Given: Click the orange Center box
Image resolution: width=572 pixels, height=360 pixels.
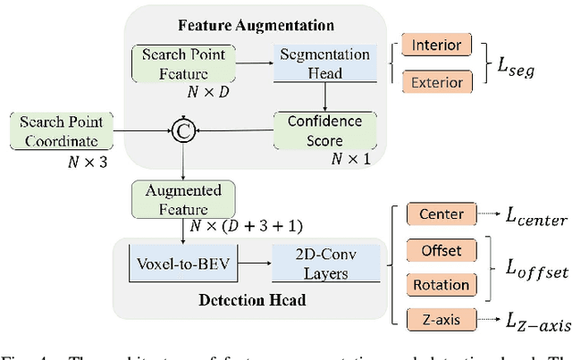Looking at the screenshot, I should click(x=440, y=214).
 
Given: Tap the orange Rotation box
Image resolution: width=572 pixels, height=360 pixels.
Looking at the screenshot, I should click(x=440, y=285).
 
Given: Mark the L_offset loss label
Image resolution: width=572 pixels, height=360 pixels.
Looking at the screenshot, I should click(x=534, y=269).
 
